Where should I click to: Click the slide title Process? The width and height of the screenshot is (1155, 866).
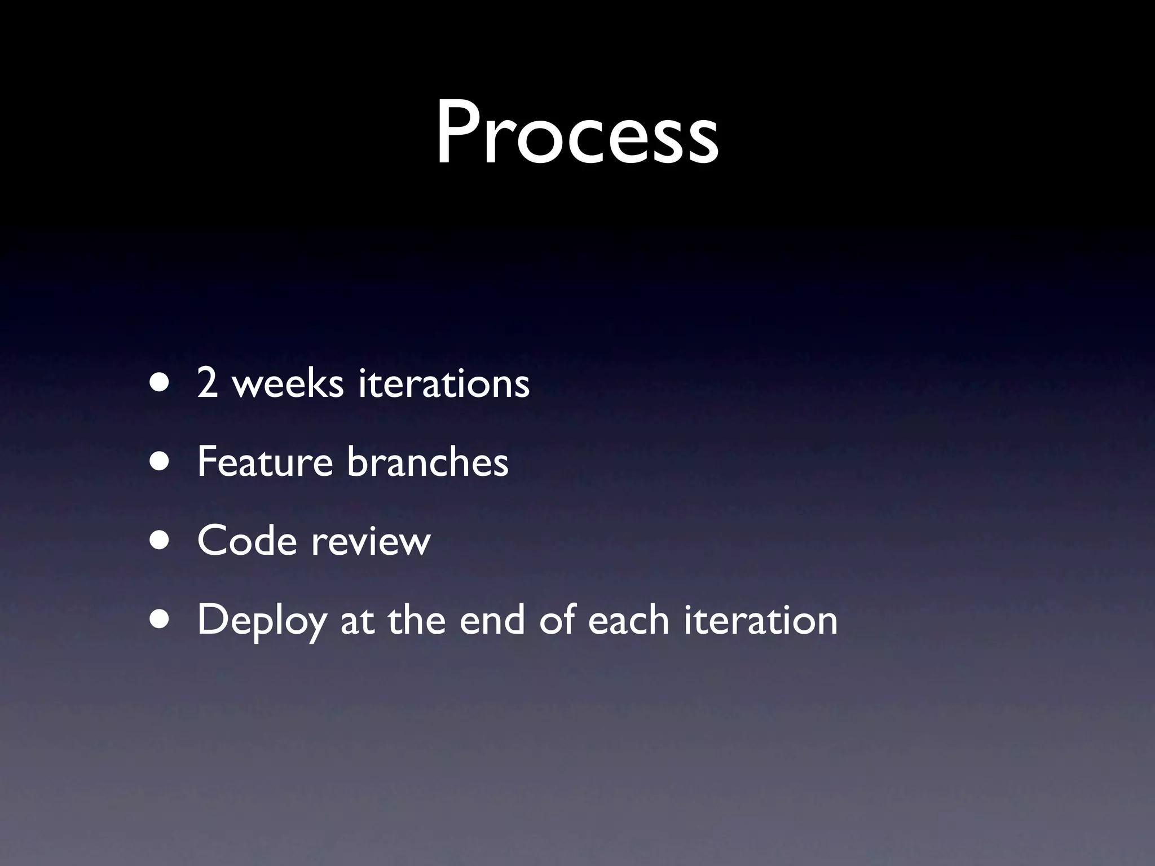[576, 134]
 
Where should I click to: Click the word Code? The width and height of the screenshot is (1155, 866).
[247, 541]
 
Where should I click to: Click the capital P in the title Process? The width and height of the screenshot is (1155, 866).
[459, 134]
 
